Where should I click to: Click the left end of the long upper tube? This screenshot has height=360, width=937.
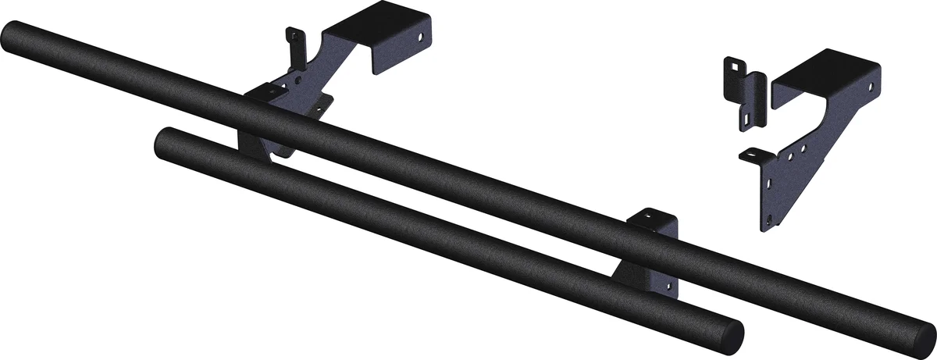click(11, 35)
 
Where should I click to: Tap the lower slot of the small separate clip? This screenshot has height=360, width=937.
click(747, 116)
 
